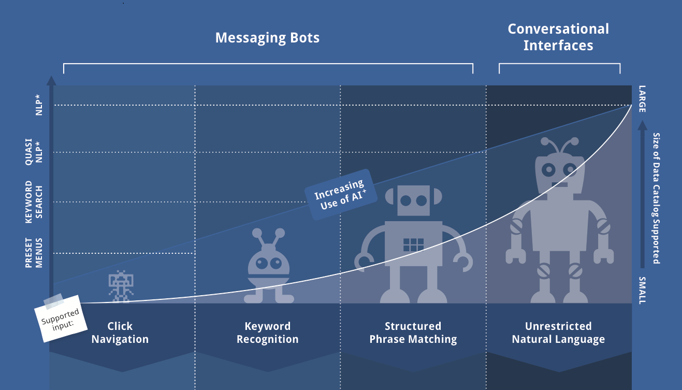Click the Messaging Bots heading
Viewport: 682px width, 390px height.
tap(267, 38)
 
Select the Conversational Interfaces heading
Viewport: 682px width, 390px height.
tap(558, 37)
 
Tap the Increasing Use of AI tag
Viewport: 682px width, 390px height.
tap(339, 194)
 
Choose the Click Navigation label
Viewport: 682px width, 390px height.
tap(120, 333)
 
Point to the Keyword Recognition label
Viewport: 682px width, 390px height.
tap(267, 333)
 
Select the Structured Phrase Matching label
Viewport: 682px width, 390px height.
tap(413, 333)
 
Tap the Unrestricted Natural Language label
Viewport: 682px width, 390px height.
tap(558, 333)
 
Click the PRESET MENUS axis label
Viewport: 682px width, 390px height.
tap(33, 253)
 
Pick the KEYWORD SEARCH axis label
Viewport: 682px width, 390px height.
tap(33, 201)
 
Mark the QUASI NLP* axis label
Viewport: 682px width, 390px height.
tap(33, 152)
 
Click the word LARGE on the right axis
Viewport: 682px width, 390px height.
tap(642, 99)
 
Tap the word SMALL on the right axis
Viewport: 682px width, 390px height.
tap(642, 291)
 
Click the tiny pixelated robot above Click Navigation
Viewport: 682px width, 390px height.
tap(121, 285)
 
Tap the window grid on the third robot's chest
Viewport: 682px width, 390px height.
tap(413, 244)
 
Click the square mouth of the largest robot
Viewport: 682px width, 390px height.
tap(558, 184)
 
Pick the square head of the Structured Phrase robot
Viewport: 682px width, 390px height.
tap(413, 201)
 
